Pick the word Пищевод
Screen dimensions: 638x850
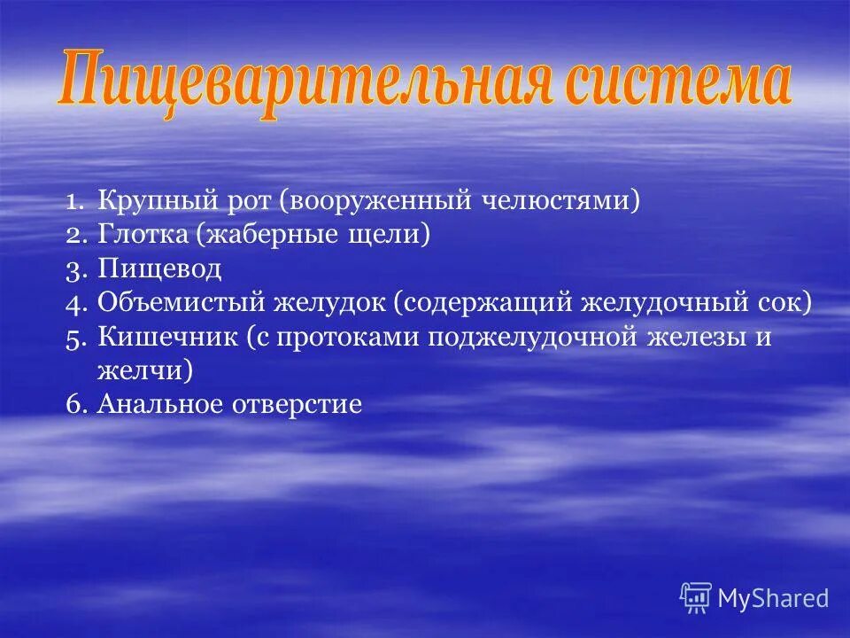click(x=159, y=268)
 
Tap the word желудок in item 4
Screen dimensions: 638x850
click(x=331, y=302)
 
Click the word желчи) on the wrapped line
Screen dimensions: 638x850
click(x=145, y=370)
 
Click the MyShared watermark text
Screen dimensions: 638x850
click(x=773, y=598)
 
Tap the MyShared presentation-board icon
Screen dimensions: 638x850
click(x=695, y=597)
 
